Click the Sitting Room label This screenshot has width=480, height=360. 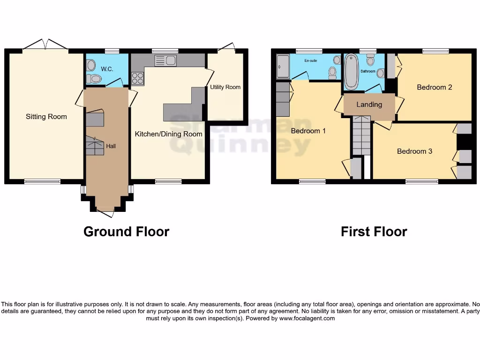point(46,117)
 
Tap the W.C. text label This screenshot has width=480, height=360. point(107,69)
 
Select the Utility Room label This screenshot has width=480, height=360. point(225,87)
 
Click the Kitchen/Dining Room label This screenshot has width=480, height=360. point(168,134)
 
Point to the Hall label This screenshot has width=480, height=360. point(111,146)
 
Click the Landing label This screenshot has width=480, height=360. point(369,105)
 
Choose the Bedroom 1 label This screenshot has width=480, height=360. point(308,131)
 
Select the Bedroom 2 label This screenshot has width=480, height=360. point(434,87)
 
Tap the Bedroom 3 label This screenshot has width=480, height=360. point(414,151)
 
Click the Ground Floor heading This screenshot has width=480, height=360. point(126,232)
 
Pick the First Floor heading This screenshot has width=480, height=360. point(374,232)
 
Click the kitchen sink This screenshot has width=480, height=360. point(165,60)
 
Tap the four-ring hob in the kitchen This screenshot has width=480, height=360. point(137,78)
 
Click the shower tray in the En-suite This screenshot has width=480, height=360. point(283,66)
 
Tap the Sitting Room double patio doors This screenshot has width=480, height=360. point(45,45)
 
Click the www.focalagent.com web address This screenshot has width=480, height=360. point(307,318)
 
